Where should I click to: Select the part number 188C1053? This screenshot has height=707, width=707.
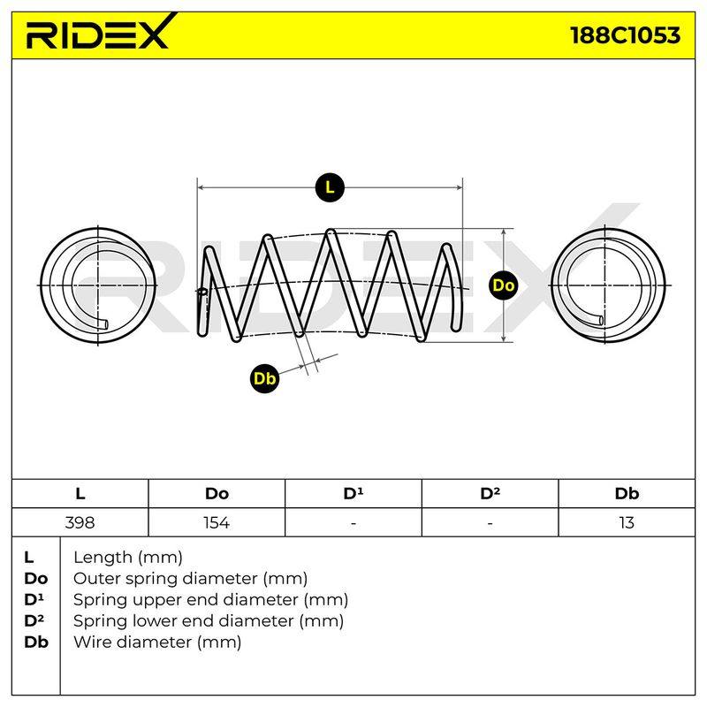[625, 35]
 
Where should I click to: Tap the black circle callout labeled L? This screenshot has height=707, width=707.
[330, 187]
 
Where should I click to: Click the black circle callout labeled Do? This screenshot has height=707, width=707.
[503, 285]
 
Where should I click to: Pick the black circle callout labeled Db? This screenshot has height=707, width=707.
[264, 378]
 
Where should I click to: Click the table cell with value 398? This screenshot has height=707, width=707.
[80, 522]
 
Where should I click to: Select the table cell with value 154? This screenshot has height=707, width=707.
[217, 522]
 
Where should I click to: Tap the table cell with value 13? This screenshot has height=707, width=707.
[627, 522]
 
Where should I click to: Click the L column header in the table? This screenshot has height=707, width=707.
[80, 494]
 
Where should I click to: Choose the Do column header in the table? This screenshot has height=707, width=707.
[217, 494]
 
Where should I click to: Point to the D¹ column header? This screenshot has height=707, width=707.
[353, 494]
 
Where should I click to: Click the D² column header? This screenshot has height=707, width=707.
[490, 494]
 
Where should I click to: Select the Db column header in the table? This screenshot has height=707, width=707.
[627, 494]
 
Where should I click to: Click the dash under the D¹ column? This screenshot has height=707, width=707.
[353, 523]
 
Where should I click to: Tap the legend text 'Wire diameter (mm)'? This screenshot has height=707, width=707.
[157, 642]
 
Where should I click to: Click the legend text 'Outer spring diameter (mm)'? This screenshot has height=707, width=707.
[190, 579]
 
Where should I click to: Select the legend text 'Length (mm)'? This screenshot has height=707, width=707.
[128, 558]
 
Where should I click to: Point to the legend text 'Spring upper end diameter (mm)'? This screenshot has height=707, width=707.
[210, 600]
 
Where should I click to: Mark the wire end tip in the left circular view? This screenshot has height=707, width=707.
[105, 323]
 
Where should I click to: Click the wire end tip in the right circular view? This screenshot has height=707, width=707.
[602, 321]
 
